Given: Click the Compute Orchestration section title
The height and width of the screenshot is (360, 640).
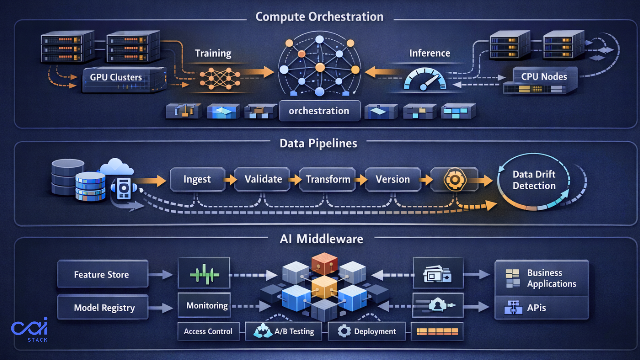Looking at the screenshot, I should tap(319, 17).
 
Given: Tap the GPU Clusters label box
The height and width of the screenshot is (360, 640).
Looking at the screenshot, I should tap(116, 77).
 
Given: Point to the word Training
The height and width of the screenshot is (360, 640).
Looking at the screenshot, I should tap(213, 53).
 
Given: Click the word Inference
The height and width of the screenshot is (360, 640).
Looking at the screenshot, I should tap(429, 53).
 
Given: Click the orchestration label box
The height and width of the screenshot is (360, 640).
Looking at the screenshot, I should tap(319, 111).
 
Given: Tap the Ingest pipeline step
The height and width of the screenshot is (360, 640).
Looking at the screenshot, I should tap(197, 179).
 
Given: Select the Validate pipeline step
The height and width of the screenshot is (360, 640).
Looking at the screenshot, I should tap(263, 179).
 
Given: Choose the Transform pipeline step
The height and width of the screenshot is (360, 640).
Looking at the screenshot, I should tap(328, 179).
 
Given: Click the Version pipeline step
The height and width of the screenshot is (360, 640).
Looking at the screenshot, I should tap(393, 179).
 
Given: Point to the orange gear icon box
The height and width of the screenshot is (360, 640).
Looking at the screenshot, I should tap(454, 179).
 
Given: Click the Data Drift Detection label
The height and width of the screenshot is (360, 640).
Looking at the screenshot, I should tap(534, 180).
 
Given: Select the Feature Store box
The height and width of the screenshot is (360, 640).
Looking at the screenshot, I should tap(102, 274).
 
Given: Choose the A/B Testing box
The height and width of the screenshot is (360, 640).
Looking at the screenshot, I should tap(284, 331).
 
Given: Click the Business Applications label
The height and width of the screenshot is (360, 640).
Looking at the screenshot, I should tap(551, 278).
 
